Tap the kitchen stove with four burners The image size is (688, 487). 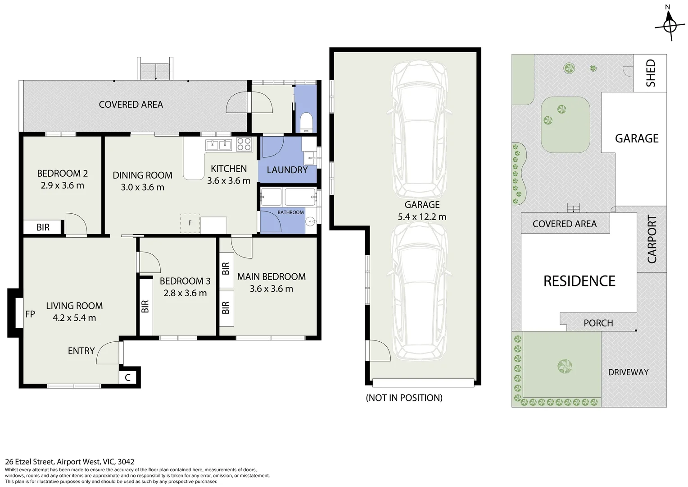[x=244, y=144]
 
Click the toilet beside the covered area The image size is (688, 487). [x=306, y=123]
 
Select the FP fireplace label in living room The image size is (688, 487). [x=30, y=314]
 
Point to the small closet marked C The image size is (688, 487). [x=128, y=377]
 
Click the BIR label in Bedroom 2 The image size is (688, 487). [x=43, y=227]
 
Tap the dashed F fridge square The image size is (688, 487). [x=190, y=223]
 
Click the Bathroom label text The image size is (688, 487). [x=290, y=212]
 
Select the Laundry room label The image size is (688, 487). [x=287, y=170]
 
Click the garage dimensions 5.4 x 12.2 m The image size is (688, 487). [x=422, y=216]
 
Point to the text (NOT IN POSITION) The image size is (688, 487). [x=404, y=397]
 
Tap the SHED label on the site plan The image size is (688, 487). [x=650, y=73]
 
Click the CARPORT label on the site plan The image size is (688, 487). [x=652, y=239]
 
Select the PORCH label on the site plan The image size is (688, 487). [x=598, y=323]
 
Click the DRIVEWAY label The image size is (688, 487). [x=628, y=372]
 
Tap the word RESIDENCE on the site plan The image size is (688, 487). [x=579, y=281]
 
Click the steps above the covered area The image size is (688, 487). [x=155, y=69]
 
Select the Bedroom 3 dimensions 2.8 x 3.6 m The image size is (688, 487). [x=185, y=293]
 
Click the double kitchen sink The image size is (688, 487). [x=218, y=145]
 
